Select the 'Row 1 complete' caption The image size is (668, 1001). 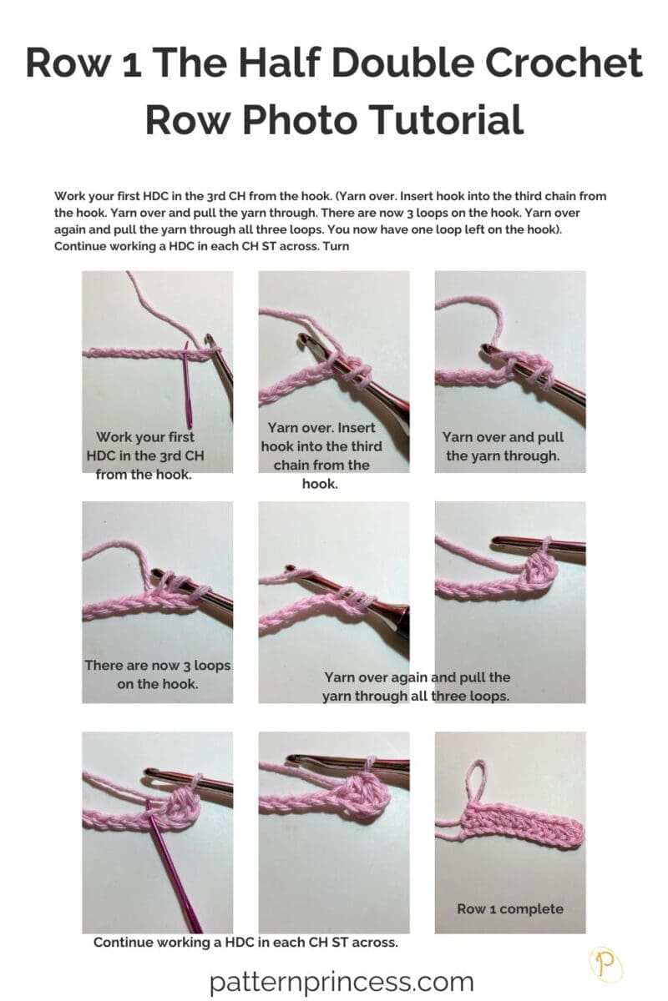pyautogui.click(x=510, y=908)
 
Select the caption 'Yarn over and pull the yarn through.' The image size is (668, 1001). pyautogui.click(x=503, y=446)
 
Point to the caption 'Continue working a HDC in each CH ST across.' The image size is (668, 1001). pyautogui.click(x=245, y=942)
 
